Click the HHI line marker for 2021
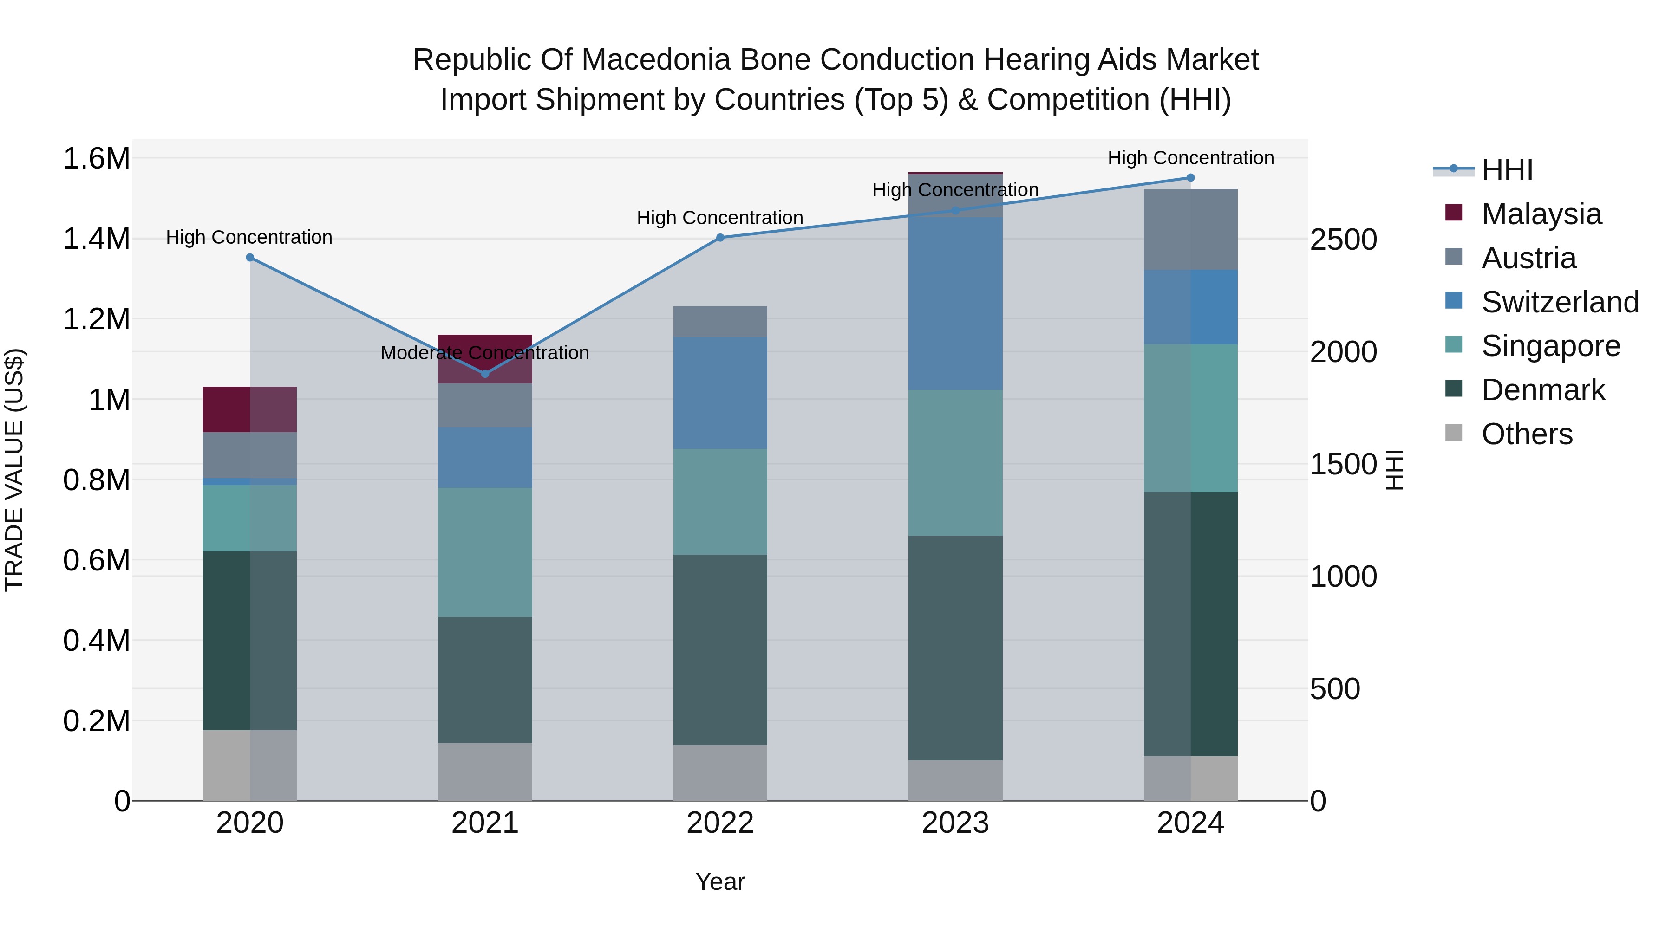click(x=485, y=374)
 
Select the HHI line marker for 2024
click(x=1190, y=177)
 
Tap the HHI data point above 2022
click(x=720, y=237)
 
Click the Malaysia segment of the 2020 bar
click(x=250, y=409)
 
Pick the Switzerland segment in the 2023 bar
click(x=955, y=304)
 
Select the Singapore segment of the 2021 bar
click(x=485, y=552)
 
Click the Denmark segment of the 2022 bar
click(x=720, y=649)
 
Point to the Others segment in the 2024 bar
click(x=1190, y=778)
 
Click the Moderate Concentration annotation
click(x=485, y=353)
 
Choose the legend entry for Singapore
click(x=1551, y=346)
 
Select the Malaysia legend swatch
click(x=1454, y=213)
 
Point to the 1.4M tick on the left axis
click(x=96, y=239)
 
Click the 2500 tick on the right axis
click(x=1343, y=240)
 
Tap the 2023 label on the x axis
click(x=955, y=823)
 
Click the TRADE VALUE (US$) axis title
click(x=14, y=470)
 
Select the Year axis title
click(x=720, y=882)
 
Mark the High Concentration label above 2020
click(x=249, y=237)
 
